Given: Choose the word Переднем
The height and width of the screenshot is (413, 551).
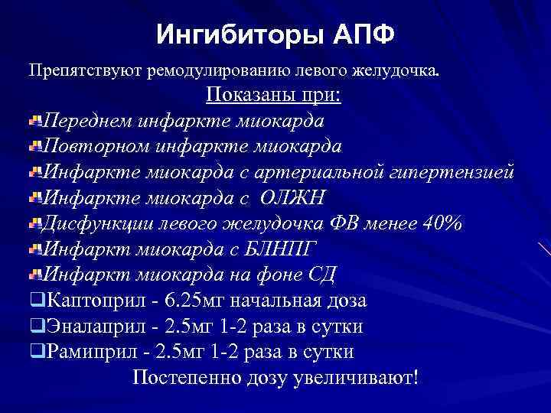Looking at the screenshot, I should pos(90,121).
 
